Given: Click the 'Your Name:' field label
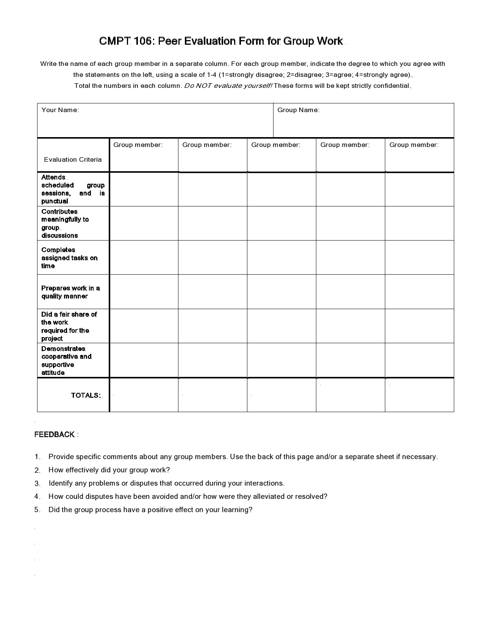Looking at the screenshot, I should pyautogui.click(x=60, y=110).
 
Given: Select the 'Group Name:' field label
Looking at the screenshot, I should pyautogui.click(x=298, y=110).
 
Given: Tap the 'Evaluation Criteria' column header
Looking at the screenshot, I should pyautogui.click(x=73, y=159).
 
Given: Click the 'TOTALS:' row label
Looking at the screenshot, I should pyautogui.click(x=86, y=395).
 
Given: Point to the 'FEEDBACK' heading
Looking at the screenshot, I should pyautogui.click(x=55, y=434).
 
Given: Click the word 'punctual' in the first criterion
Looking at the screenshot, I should pyautogui.click(x=55, y=201).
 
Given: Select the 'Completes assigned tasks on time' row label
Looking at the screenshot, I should pyautogui.click(x=69, y=258).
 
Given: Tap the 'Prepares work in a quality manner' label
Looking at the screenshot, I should pyautogui.click(x=70, y=292).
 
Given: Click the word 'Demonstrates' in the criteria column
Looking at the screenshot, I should pyautogui.click(x=63, y=348).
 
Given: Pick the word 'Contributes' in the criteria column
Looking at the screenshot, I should pyautogui.click(x=59, y=211).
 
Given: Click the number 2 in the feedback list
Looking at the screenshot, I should pyautogui.click(x=37, y=470).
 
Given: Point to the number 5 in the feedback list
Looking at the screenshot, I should pyautogui.click(x=37, y=510).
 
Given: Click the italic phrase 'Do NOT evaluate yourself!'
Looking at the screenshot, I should pyautogui.click(x=228, y=86).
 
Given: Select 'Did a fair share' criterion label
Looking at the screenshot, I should pyautogui.click(x=69, y=314).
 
